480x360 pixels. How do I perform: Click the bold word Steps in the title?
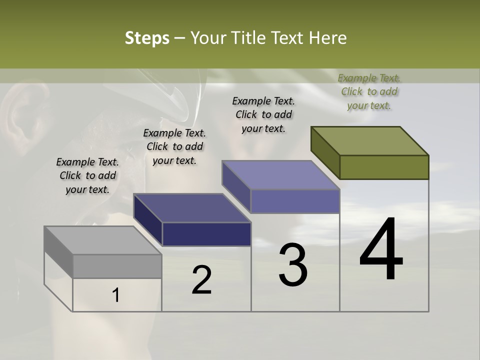(147, 38)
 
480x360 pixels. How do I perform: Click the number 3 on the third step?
(293, 264)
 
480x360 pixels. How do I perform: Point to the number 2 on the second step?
(202, 280)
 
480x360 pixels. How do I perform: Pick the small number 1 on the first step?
(116, 295)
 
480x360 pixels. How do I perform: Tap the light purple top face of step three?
(280, 175)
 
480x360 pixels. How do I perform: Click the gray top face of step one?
(102, 240)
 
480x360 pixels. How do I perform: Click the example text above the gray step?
(87, 175)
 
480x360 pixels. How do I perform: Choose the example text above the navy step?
(174, 146)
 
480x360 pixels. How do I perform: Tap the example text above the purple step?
(263, 114)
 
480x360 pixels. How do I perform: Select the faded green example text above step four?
(369, 91)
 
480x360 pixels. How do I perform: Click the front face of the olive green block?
(384, 167)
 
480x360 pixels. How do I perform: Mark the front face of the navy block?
(206, 234)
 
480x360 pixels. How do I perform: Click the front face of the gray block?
(117, 266)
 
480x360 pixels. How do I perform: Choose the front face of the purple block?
(295, 201)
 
